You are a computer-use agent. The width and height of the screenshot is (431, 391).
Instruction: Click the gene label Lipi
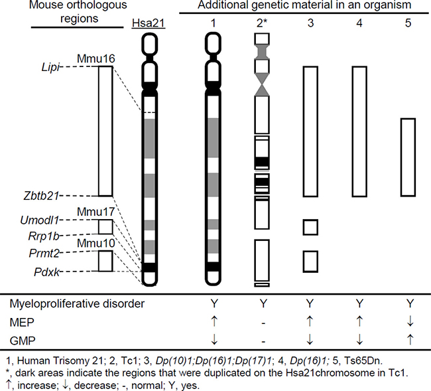tap(48, 66)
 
